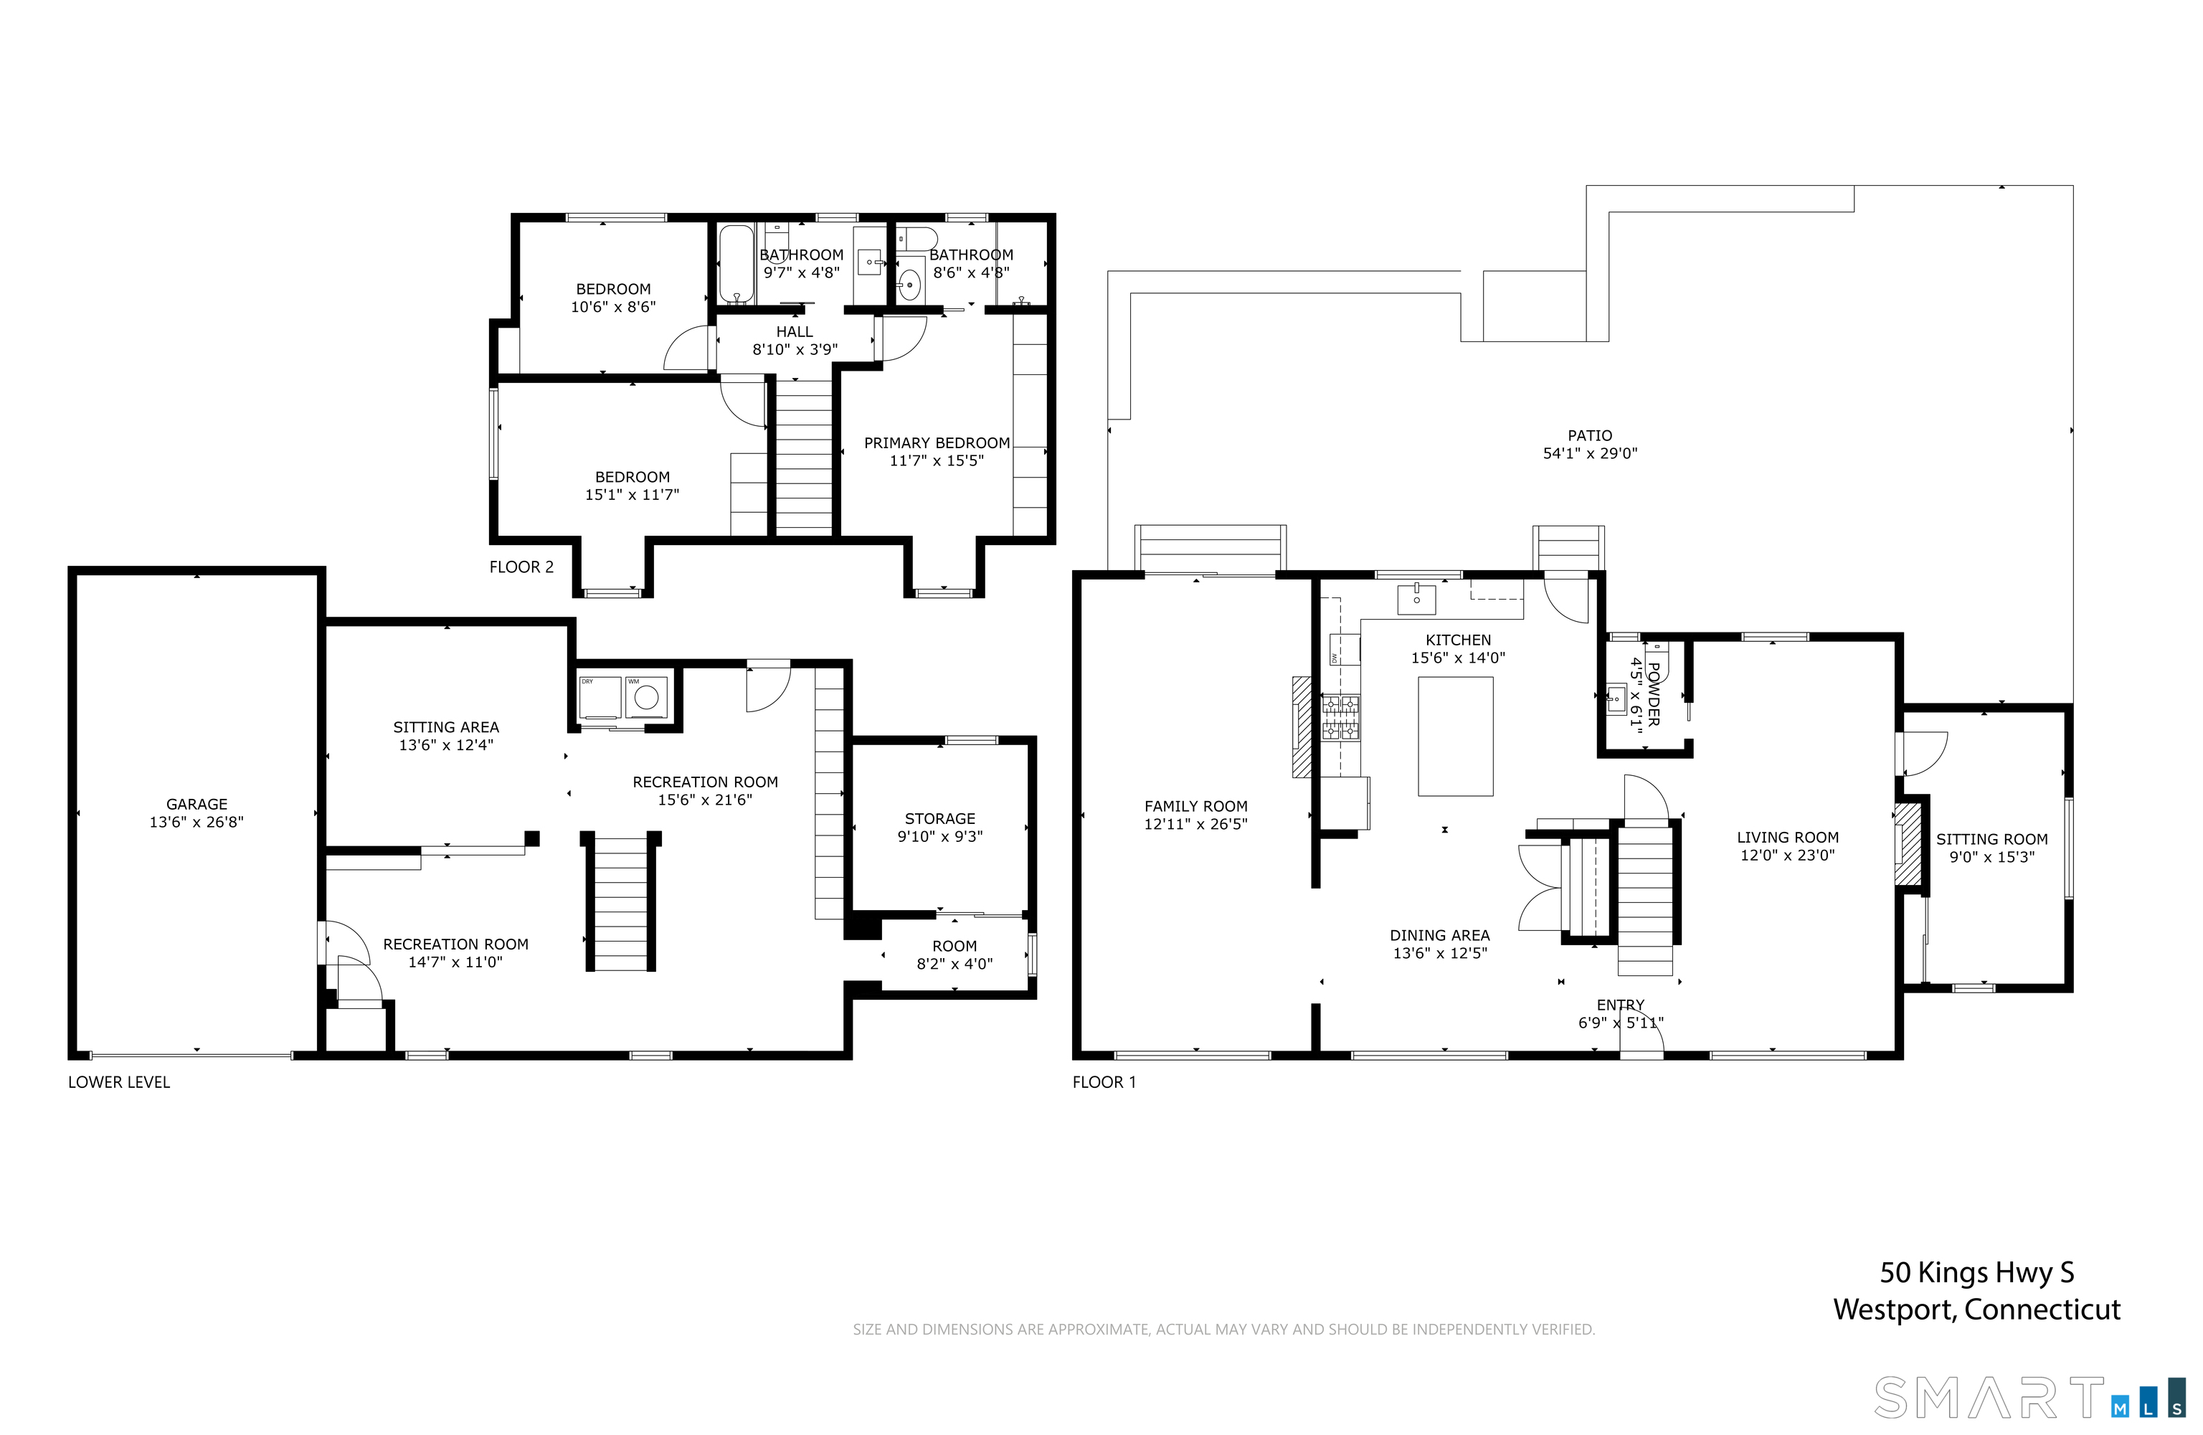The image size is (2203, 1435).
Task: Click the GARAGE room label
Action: pyautogui.click(x=196, y=805)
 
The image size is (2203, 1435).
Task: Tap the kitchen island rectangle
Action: pyautogui.click(x=1455, y=736)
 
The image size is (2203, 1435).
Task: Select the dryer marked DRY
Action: pyautogui.click(x=600, y=697)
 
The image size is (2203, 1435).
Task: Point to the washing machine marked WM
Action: pyautogui.click(x=646, y=697)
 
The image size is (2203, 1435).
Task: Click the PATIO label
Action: pyautogui.click(x=1589, y=435)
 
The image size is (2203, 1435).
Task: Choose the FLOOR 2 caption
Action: pyautogui.click(x=521, y=567)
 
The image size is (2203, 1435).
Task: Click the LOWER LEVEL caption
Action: pyautogui.click(x=118, y=1081)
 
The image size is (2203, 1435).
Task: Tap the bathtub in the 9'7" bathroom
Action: pyautogui.click(x=736, y=264)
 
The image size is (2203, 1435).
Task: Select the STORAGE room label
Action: pyautogui.click(x=939, y=818)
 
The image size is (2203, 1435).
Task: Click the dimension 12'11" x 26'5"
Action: pyautogui.click(x=1196, y=824)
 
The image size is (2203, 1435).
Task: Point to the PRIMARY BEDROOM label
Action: pyautogui.click(x=937, y=442)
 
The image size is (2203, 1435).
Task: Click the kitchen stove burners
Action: pyautogui.click(x=1341, y=717)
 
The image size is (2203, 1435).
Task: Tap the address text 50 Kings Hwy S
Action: pyautogui.click(x=1976, y=1272)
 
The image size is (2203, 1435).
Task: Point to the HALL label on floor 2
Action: pyautogui.click(x=794, y=331)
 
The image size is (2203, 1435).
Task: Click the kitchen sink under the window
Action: pyautogui.click(x=1416, y=599)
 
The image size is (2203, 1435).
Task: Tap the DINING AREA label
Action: pyautogui.click(x=1439, y=935)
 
